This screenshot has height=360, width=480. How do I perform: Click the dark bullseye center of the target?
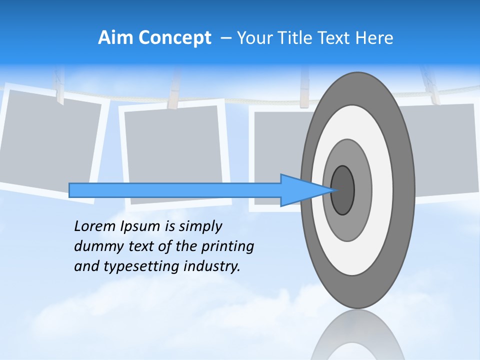pyautogui.click(x=342, y=190)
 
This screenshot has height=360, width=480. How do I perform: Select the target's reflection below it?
pyautogui.click(x=357, y=337)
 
